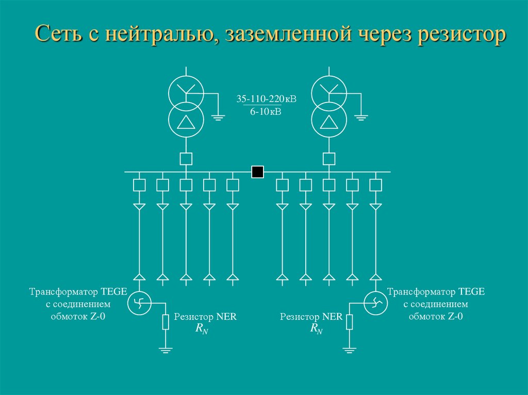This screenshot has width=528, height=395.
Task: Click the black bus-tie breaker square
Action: [x=258, y=172]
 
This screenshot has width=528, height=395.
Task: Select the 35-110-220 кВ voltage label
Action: [x=267, y=99]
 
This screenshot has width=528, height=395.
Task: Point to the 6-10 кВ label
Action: [x=266, y=111]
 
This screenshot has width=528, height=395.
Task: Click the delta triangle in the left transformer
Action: [x=186, y=122]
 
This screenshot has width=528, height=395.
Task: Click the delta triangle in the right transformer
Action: [x=328, y=122]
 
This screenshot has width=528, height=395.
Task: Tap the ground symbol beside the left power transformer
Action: [x=218, y=117]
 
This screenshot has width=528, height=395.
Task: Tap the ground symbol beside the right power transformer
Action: [x=361, y=117]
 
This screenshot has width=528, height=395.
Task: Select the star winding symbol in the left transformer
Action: [x=186, y=90]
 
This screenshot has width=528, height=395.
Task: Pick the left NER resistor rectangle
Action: [x=166, y=322]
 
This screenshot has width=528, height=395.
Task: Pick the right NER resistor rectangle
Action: [x=350, y=322]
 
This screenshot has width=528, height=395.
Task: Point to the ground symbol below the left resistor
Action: [x=166, y=350]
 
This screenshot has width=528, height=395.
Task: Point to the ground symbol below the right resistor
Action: [x=350, y=350]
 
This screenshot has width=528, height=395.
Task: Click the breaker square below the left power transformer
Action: [x=186, y=159]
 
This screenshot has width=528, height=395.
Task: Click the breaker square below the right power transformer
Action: [x=328, y=159]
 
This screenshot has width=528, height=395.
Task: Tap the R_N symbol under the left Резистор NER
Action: [x=202, y=329]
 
